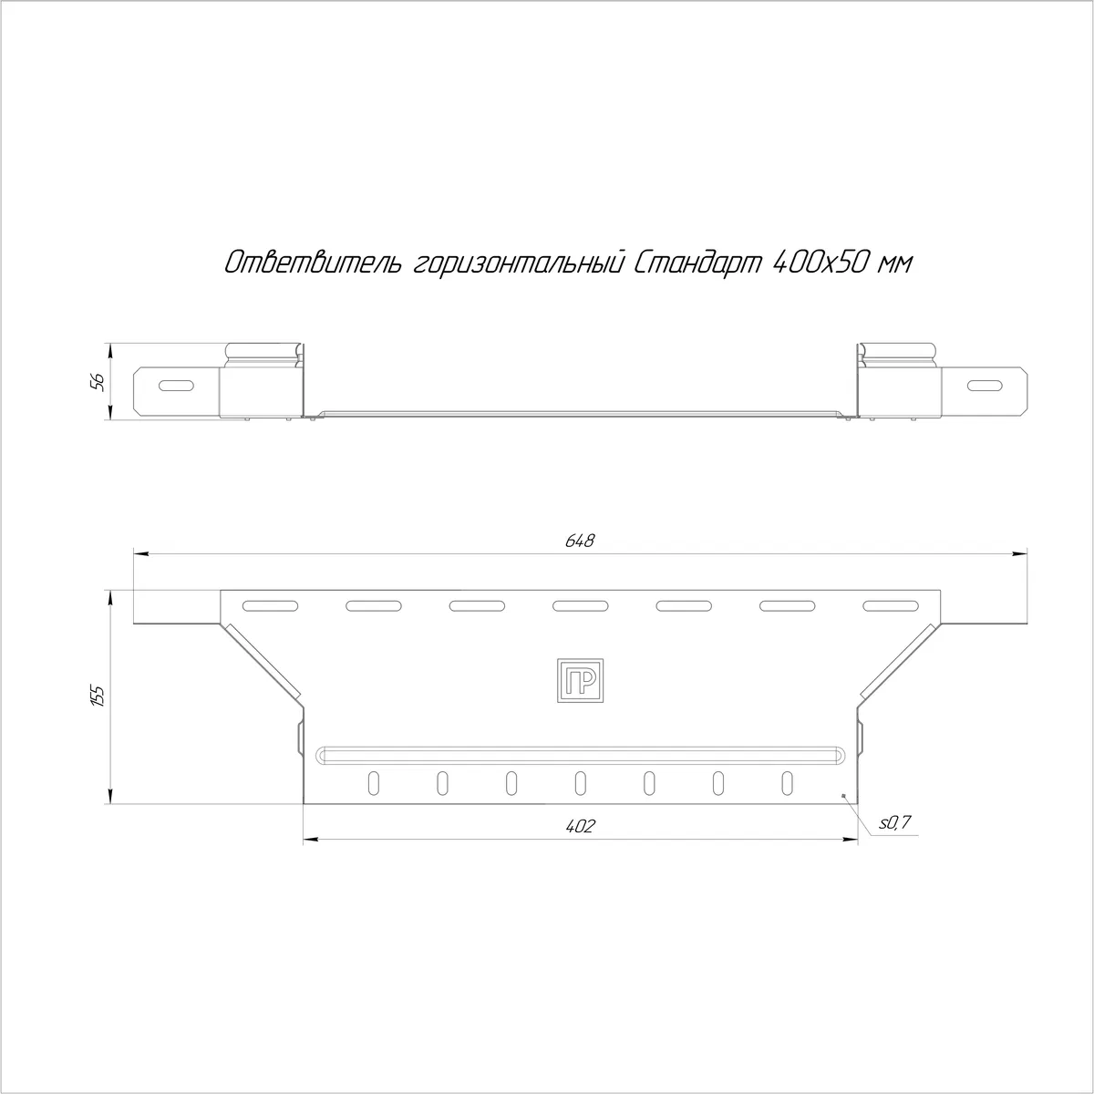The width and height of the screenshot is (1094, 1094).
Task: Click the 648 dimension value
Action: click(x=580, y=541)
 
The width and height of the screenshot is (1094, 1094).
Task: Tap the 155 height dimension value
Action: click(x=98, y=696)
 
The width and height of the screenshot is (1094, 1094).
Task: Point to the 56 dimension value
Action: click(x=98, y=382)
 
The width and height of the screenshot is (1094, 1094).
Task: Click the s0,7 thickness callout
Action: click(x=894, y=822)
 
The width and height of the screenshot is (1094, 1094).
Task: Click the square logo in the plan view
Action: click(x=580, y=680)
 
